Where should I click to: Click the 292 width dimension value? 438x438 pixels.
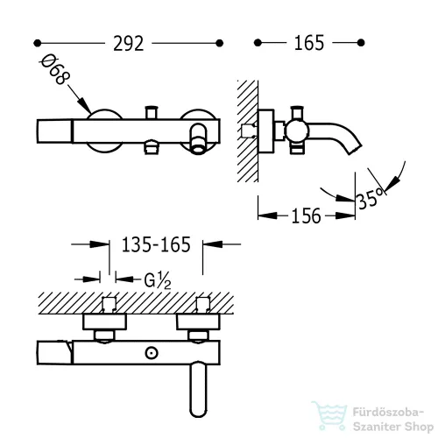[129, 44]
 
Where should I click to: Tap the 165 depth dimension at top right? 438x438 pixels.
[309, 43]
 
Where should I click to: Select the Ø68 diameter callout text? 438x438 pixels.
[55, 69]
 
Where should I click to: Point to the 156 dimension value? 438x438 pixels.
[306, 216]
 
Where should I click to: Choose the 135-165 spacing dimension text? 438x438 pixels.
[156, 244]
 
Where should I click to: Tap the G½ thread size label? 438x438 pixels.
[158, 280]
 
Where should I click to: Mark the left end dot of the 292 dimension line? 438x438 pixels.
[38, 43]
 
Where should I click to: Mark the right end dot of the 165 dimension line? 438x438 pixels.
[361, 43]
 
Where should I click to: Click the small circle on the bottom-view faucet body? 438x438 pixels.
[152, 353]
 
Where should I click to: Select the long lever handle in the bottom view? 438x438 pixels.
[198, 389]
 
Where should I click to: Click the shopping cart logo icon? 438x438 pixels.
[329, 416]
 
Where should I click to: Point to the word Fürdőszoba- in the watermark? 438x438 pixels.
[388, 413]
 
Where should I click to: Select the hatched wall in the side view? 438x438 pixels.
[248, 131]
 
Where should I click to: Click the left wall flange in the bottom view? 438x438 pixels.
[104, 322]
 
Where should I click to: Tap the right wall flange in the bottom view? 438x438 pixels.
[198, 322]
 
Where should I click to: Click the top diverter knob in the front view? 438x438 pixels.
[152, 112]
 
